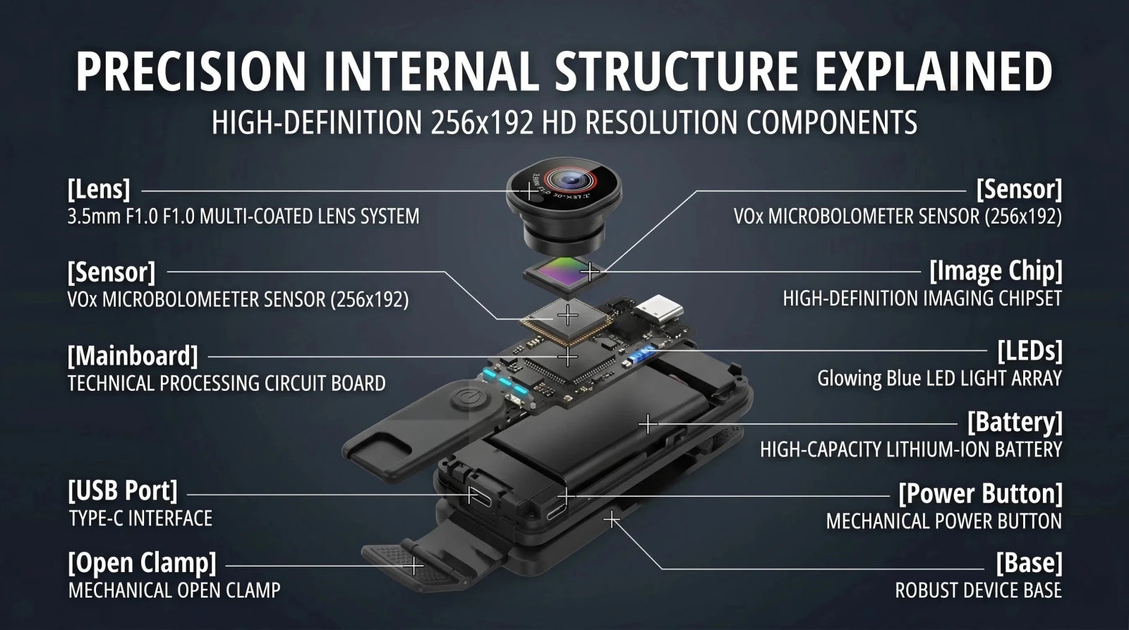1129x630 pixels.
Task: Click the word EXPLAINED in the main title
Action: (x=934, y=71)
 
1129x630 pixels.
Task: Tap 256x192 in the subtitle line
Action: (x=483, y=123)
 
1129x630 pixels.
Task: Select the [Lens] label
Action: (x=99, y=190)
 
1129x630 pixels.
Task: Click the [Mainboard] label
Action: (x=133, y=356)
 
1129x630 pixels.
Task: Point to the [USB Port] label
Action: (x=123, y=491)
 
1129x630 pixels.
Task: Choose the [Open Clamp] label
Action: (x=142, y=563)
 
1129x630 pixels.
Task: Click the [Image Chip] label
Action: (x=996, y=271)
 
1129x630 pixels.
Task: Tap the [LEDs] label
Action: (x=1030, y=351)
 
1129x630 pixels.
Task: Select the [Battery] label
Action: (x=1015, y=422)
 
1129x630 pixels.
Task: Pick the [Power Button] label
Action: (x=980, y=493)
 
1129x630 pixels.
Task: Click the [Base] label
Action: (x=1030, y=563)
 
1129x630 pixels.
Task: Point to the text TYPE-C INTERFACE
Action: (x=140, y=519)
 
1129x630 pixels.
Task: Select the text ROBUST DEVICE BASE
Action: (x=978, y=590)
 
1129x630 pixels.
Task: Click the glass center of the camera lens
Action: (x=569, y=179)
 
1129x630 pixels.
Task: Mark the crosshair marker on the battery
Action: (x=648, y=425)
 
